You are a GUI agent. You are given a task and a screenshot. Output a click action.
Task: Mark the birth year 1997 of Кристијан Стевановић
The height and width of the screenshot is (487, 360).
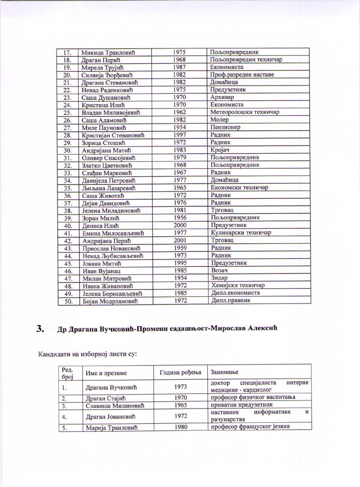(x=179, y=135)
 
